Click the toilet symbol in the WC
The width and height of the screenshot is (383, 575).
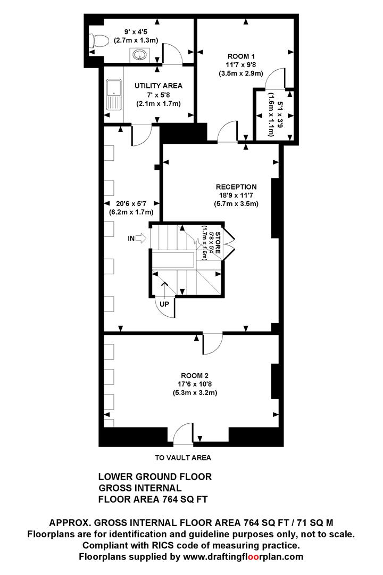pyautogui.click(x=99, y=40)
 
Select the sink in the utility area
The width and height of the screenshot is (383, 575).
pyautogui.click(x=114, y=94)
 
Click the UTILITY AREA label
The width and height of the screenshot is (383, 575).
pyautogui.click(x=159, y=85)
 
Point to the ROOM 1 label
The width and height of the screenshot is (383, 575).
pyautogui.click(x=241, y=56)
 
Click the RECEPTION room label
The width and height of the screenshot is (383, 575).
pyautogui.click(x=236, y=187)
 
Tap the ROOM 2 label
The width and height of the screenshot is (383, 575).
pyautogui.click(x=195, y=375)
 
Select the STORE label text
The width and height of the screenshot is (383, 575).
pyautogui.click(x=218, y=243)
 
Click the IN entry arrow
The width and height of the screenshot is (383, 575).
pyautogui.click(x=141, y=239)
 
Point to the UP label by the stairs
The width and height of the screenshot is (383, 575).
pyautogui.click(x=164, y=304)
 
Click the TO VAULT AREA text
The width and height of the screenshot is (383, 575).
pyautogui.click(x=183, y=458)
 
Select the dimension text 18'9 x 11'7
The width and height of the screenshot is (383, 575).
pyautogui.click(x=236, y=195)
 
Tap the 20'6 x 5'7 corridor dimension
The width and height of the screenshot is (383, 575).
pyautogui.click(x=131, y=203)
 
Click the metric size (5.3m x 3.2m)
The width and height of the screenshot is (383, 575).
pyautogui.click(x=195, y=393)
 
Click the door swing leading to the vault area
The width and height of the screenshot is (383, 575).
pyautogui.click(x=183, y=434)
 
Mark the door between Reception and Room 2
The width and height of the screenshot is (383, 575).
pyautogui.click(x=213, y=343)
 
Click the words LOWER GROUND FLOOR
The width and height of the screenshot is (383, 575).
pyautogui.click(x=155, y=477)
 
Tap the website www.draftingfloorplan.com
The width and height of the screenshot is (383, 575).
pyautogui.click(x=243, y=557)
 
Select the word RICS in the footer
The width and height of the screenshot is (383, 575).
pyautogui.click(x=159, y=545)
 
